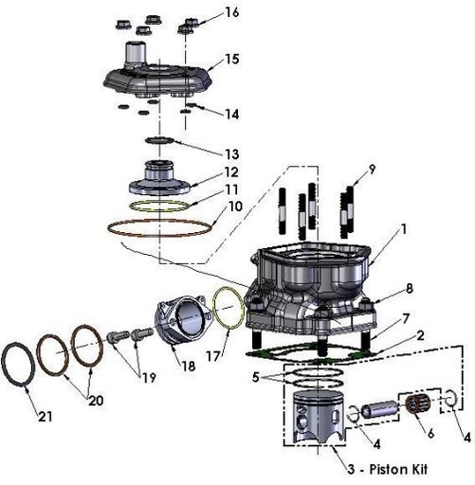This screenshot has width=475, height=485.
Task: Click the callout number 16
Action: click(233, 12)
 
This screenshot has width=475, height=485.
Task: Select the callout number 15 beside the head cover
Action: click(231, 60)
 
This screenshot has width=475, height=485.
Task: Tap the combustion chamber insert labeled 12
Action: click(156, 179)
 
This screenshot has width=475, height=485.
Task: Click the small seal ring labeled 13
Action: click(156, 141)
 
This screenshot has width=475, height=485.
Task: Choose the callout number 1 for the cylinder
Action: click(402, 228)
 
